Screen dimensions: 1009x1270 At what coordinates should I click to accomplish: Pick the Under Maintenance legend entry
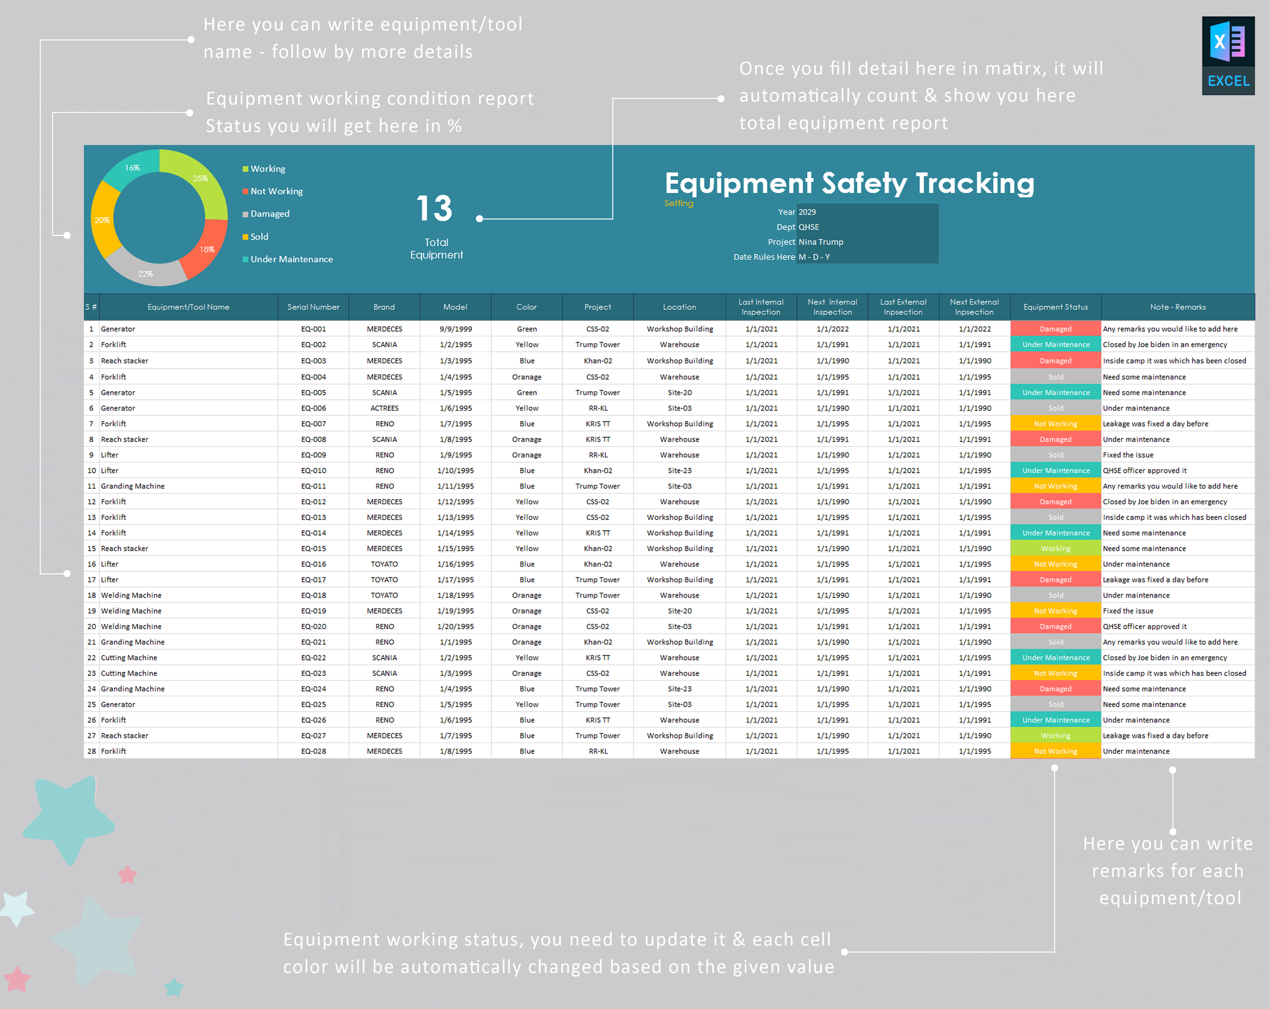point(291,259)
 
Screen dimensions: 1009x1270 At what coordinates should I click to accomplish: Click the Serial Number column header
point(313,307)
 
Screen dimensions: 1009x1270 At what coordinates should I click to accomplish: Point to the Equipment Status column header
point(1055,307)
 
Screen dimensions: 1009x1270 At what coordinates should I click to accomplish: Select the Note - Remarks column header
point(1177,307)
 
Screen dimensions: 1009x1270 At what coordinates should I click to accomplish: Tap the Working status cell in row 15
point(1055,548)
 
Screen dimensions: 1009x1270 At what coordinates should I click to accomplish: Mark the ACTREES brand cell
point(384,408)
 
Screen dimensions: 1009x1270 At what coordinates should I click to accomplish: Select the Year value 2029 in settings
point(807,212)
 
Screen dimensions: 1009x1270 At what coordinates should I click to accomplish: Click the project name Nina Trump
point(820,242)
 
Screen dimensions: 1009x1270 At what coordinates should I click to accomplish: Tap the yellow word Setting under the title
point(678,203)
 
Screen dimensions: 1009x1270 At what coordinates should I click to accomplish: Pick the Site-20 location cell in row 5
point(679,392)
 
